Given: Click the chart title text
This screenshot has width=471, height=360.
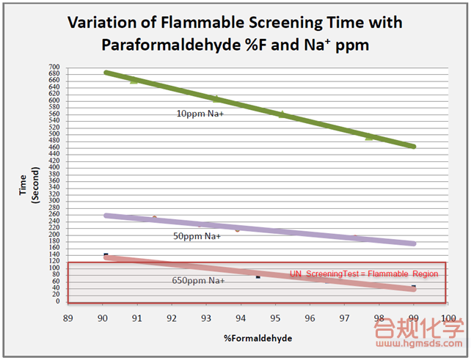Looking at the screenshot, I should (235, 33).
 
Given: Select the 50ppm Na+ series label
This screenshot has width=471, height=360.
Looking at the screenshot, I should (197, 235).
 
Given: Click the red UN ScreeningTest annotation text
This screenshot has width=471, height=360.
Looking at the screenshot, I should (364, 273).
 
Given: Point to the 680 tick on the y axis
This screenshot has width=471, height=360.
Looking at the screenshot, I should (54, 73).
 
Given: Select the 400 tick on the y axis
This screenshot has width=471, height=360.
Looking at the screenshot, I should (54, 167).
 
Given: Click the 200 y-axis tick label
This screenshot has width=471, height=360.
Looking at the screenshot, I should (54, 235).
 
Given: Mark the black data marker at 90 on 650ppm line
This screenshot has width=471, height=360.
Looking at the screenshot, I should (106, 254).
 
